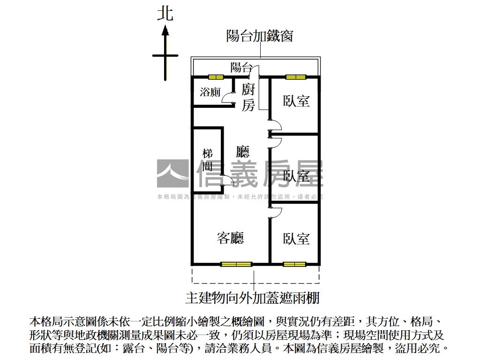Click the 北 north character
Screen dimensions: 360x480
click(x=165, y=13)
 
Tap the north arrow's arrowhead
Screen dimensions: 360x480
click(x=165, y=31)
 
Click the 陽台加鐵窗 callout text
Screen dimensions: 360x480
click(x=259, y=36)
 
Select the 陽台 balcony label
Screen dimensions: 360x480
click(x=241, y=67)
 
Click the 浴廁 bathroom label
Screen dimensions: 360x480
click(x=210, y=92)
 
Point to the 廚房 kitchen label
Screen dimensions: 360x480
click(x=248, y=97)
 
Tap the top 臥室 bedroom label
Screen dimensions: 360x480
click(x=296, y=101)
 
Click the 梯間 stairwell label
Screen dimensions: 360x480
click(x=208, y=160)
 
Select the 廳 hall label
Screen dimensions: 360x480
click(x=243, y=151)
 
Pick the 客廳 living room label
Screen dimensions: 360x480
click(x=230, y=238)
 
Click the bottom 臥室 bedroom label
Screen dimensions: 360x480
click(x=296, y=239)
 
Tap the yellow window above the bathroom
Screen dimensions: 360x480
click(x=216, y=77)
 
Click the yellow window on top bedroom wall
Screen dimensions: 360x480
click(x=296, y=77)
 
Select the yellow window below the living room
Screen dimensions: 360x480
click(x=236, y=264)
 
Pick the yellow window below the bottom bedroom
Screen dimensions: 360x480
click(x=295, y=264)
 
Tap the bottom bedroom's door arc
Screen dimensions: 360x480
click(x=276, y=213)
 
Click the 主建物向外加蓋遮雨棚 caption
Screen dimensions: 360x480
click(x=252, y=298)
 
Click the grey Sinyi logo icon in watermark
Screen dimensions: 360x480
click(x=172, y=173)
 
